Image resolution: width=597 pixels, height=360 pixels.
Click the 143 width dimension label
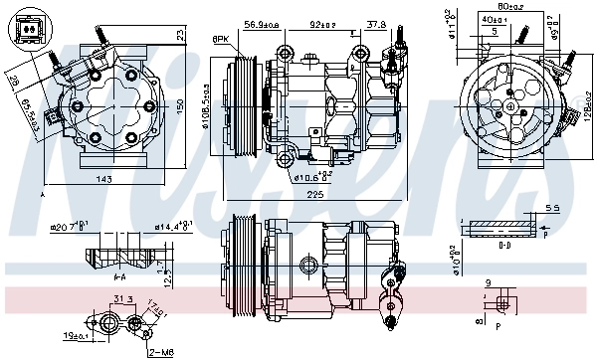click(104, 179)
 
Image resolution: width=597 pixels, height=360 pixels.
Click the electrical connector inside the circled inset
click(29, 30)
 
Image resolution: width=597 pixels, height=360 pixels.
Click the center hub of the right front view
click(508, 101)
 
